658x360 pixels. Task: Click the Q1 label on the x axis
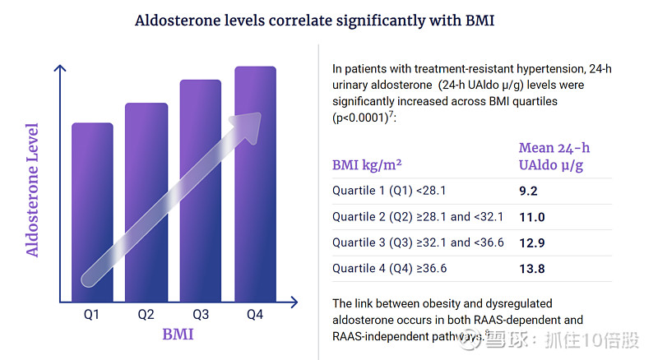coord(91,314)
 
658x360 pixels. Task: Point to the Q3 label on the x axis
coord(201,314)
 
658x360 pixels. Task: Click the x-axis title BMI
coord(178,335)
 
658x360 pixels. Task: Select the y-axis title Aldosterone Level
coord(32,190)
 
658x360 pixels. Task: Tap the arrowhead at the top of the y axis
coord(58,70)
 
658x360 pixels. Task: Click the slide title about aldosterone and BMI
coord(315,21)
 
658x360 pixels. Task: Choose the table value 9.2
coord(528,192)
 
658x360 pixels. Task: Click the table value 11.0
coord(531,217)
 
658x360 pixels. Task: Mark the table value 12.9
coord(531,242)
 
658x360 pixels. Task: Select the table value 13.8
coord(531,268)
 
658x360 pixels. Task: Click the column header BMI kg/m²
coord(367,164)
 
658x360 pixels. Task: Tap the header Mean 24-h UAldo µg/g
coord(554,156)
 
